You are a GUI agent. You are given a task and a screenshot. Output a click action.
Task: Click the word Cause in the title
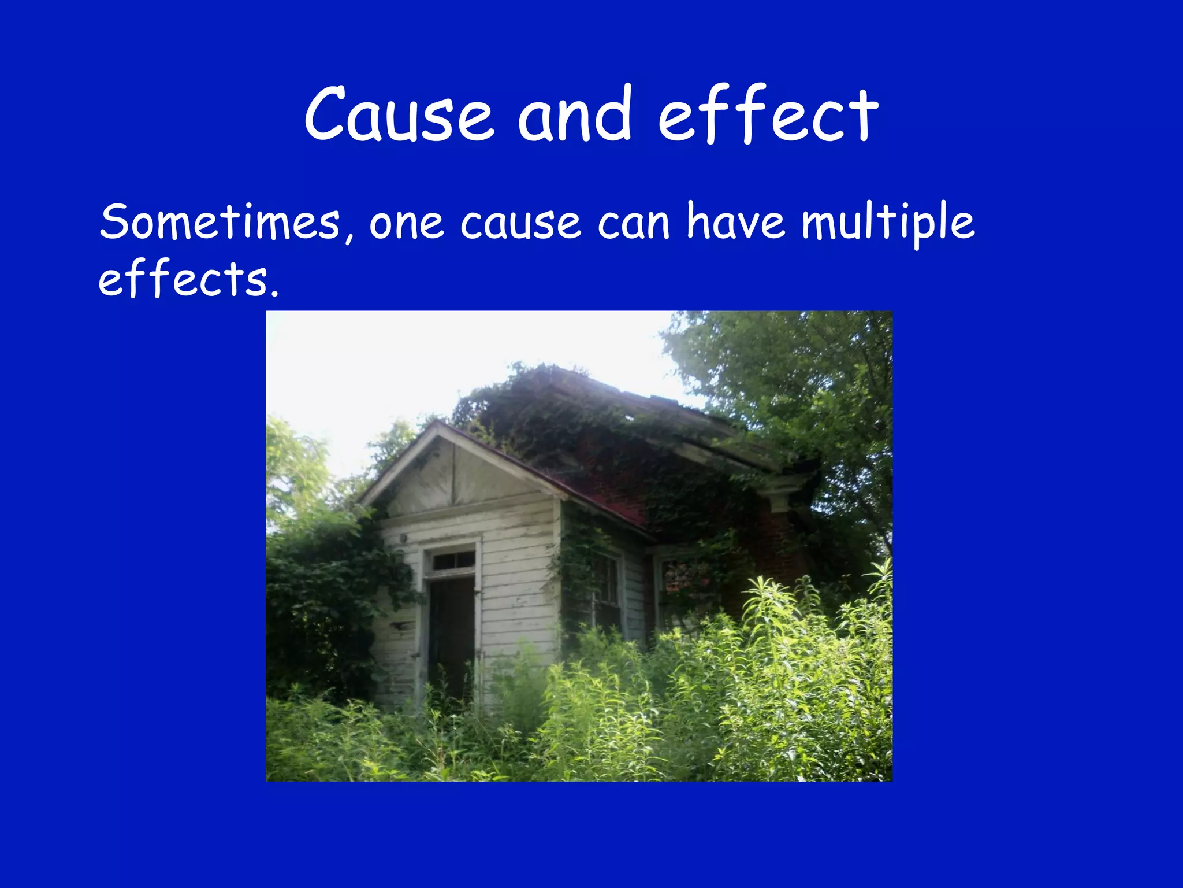click(399, 114)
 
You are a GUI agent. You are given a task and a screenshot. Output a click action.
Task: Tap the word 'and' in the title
click(574, 114)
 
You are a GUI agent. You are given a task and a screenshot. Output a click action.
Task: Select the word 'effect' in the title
click(768, 114)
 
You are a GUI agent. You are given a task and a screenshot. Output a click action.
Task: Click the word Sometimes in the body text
click(220, 223)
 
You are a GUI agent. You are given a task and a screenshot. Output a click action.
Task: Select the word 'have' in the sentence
click(736, 223)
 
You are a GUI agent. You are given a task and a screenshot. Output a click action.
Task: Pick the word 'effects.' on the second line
click(188, 279)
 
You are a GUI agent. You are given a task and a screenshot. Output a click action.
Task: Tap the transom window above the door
click(453, 560)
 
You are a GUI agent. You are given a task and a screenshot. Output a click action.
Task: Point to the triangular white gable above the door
click(456, 474)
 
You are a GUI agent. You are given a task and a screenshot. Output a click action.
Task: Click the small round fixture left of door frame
click(403, 538)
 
